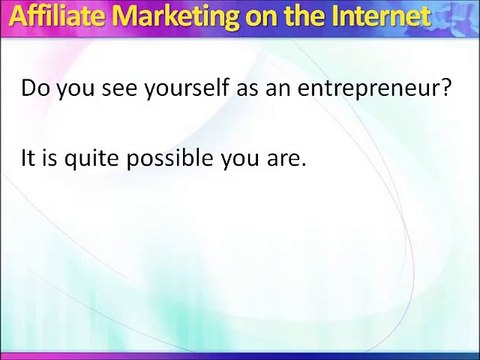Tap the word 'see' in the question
tap(119, 90)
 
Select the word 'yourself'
tap(187, 89)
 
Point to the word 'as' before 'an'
tap(247, 90)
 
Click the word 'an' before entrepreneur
tap(278, 90)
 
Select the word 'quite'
tap(91, 159)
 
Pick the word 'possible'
tap(169, 159)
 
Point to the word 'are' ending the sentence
tap(282, 159)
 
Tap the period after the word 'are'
tap(303, 164)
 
